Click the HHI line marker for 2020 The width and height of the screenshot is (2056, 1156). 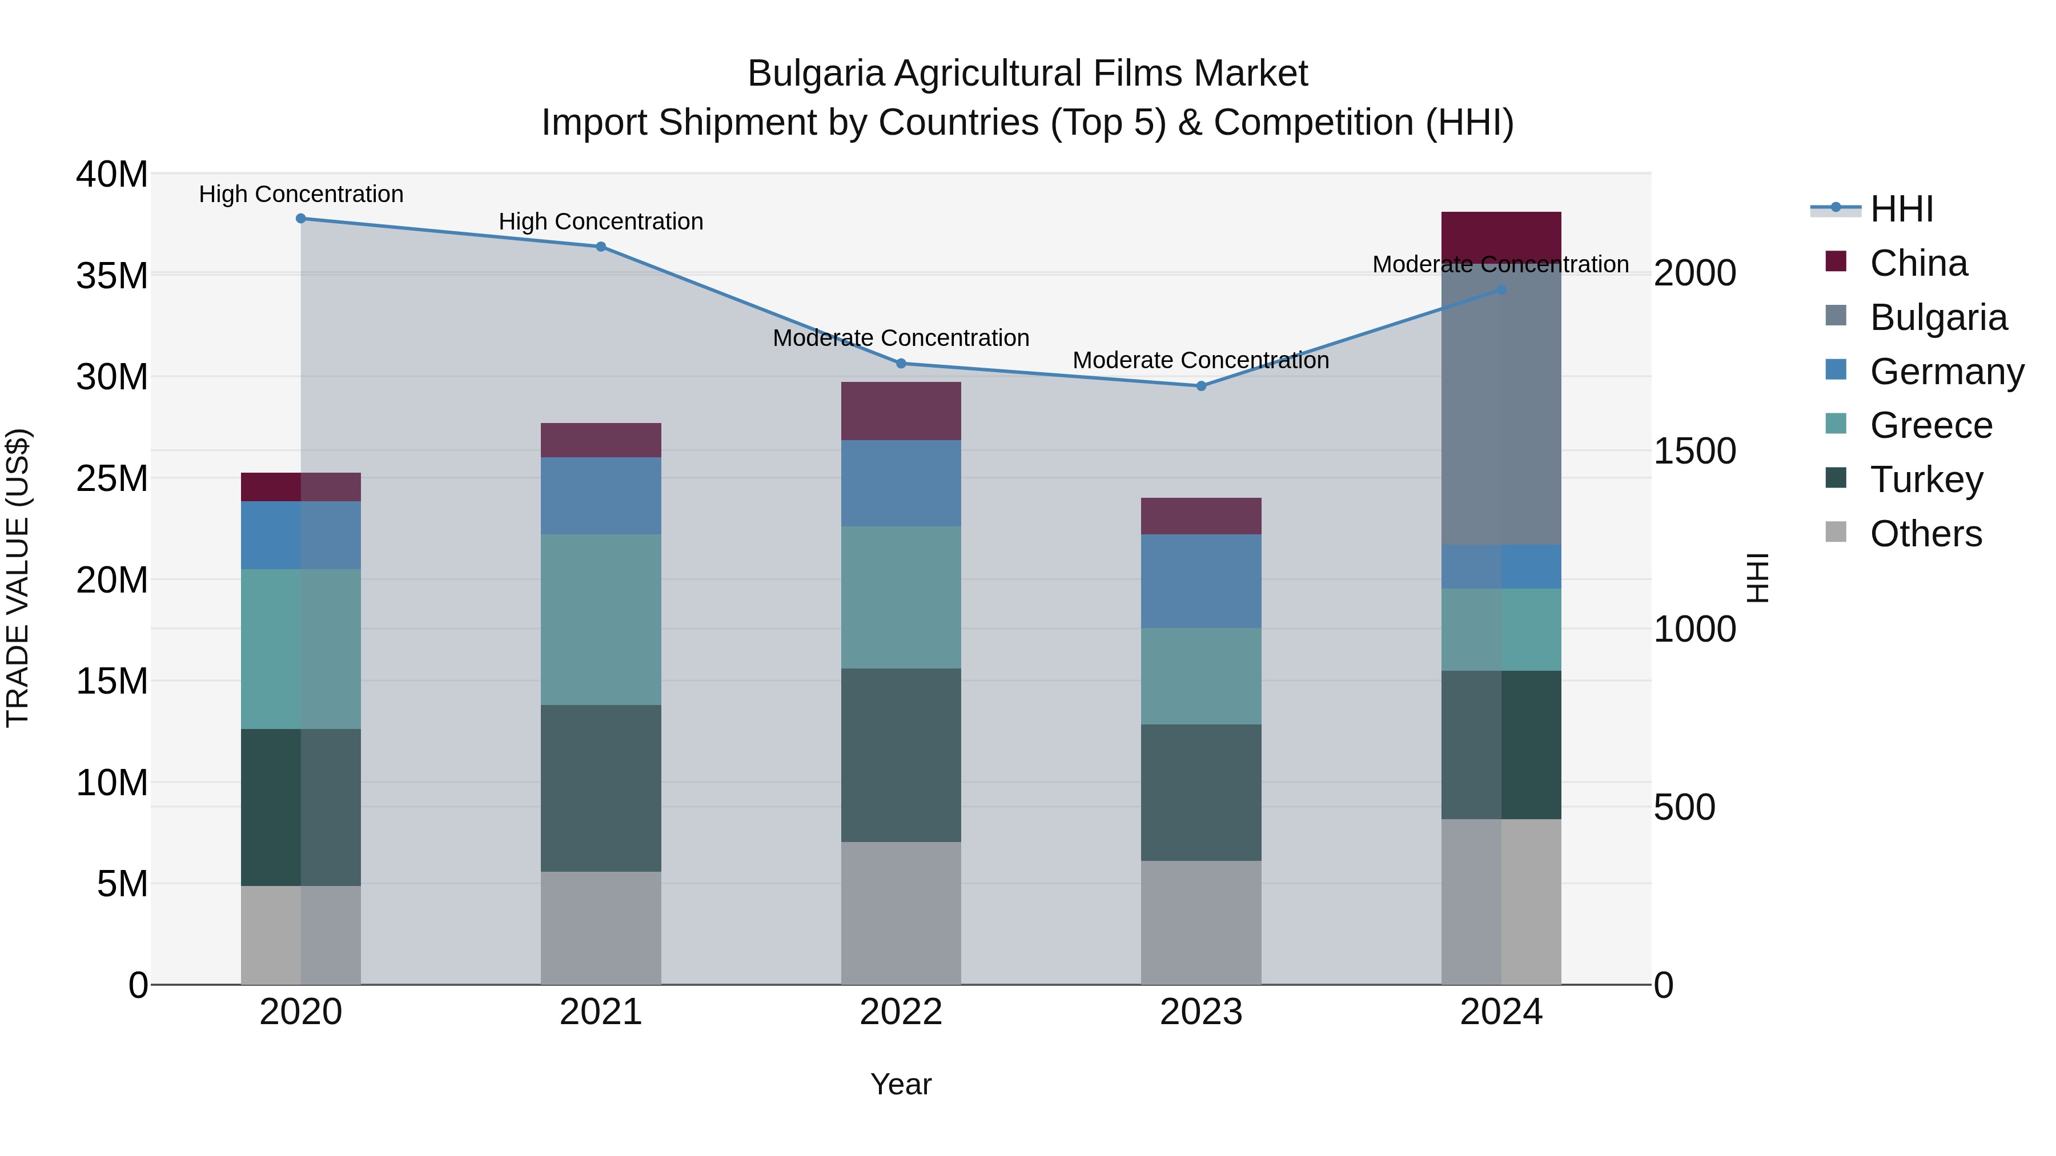pos(301,219)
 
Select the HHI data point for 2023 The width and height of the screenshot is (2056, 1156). pos(1201,386)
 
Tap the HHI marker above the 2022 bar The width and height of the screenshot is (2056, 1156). pos(901,364)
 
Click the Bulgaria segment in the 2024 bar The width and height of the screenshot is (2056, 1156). pos(1501,407)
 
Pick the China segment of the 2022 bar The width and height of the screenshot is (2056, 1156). pos(901,411)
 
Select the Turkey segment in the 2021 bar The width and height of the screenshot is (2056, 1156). pos(601,788)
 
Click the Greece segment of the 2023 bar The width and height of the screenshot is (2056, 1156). pos(1201,676)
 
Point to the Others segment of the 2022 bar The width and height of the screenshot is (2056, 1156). pos(901,913)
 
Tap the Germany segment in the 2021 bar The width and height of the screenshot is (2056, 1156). pos(601,496)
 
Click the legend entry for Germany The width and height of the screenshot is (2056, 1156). pos(1946,372)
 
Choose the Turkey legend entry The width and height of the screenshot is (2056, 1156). pos(1926,480)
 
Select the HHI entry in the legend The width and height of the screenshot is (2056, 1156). pos(1901,209)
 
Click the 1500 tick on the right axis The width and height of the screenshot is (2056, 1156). pos(1694,452)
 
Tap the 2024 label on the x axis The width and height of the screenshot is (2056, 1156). pos(1501,1012)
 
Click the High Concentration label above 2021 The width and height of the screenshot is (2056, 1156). pos(601,222)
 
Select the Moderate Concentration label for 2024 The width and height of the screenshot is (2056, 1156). pos(1500,265)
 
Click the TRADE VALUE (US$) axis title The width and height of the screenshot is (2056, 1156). pos(18,578)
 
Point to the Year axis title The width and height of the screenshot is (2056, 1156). pos(901,1084)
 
